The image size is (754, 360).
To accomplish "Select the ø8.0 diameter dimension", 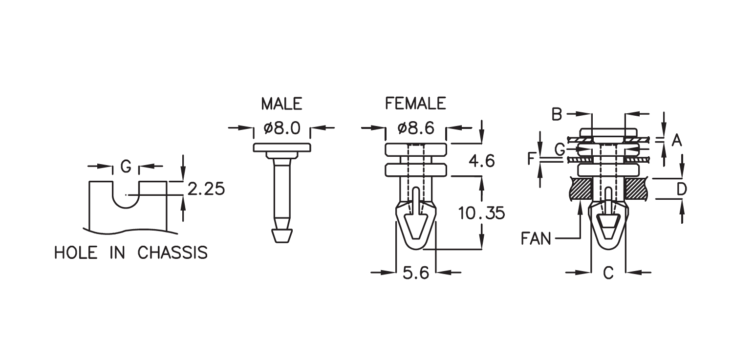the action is click(282, 128).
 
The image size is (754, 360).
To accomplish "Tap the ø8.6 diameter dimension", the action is click(416, 128).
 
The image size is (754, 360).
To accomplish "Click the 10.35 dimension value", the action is click(482, 213).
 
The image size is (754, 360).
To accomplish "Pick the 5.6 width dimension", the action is click(416, 273).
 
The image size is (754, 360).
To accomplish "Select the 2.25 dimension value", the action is click(206, 189).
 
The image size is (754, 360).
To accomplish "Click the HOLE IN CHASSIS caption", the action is click(131, 253).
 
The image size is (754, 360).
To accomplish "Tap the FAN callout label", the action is click(536, 238).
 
